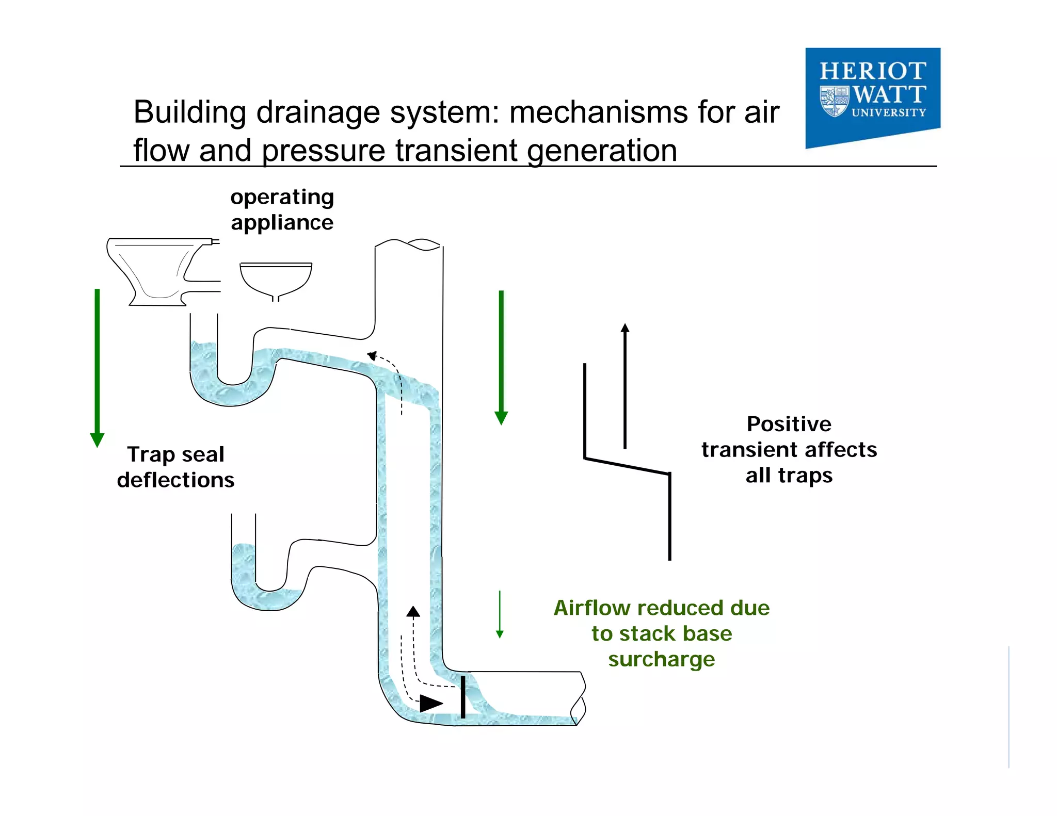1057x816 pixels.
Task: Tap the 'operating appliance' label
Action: click(282, 209)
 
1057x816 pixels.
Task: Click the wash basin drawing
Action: click(276, 279)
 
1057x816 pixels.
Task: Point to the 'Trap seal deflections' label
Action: click(175, 467)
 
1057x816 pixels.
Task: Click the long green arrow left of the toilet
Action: click(97, 366)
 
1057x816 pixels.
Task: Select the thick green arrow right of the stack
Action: click(501, 356)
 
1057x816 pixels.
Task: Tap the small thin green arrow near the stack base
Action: click(500, 614)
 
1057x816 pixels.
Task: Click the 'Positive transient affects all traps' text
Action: click(789, 449)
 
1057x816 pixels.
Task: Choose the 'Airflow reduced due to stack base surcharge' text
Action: click(662, 633)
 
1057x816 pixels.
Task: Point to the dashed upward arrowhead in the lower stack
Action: click(413, 612)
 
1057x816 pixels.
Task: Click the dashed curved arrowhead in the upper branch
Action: click(372, 355)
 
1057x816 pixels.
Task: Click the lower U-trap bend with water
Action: click(268, 598)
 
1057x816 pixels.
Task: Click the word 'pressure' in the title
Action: click(324, 151)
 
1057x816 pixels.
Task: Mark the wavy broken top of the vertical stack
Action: click(408, 244)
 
